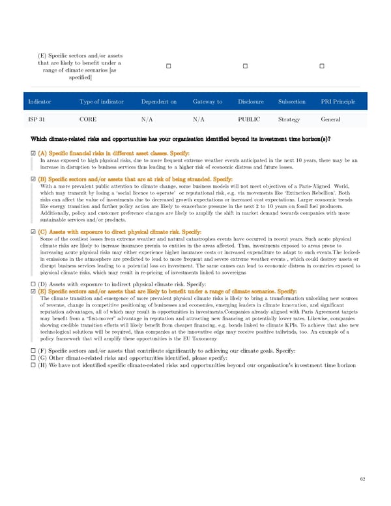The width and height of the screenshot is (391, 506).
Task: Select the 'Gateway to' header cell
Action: pyautogui.click(x=208, y=102)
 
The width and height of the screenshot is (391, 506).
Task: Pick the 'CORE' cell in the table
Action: pyautogui.click(x=88, y=120)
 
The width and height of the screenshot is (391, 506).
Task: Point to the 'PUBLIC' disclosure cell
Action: pyautogui.click(x=249, y=120)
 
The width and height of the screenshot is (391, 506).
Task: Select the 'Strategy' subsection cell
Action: pyautogui.click(x=289, y=120)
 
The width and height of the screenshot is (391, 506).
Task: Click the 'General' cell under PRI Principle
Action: pyautogui.click(x=331, y=120)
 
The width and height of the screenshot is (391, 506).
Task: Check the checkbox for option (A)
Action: pyautogui.click(x=33, y=153)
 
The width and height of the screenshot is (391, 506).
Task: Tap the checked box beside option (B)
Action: pyautogui.click(x=33, y=179)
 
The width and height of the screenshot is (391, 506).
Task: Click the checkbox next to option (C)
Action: pyautogui.click(x=33, y=231)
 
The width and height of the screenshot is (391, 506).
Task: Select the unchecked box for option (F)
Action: pyautogui.click(x=33, y=351)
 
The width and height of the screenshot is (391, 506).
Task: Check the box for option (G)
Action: pyautogui.click(x=33, y=358)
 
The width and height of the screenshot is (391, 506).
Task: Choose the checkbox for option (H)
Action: pyautogui.click(x=33, y=365)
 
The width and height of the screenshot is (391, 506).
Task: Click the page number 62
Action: pyautogui.click(x=362, y=479)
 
